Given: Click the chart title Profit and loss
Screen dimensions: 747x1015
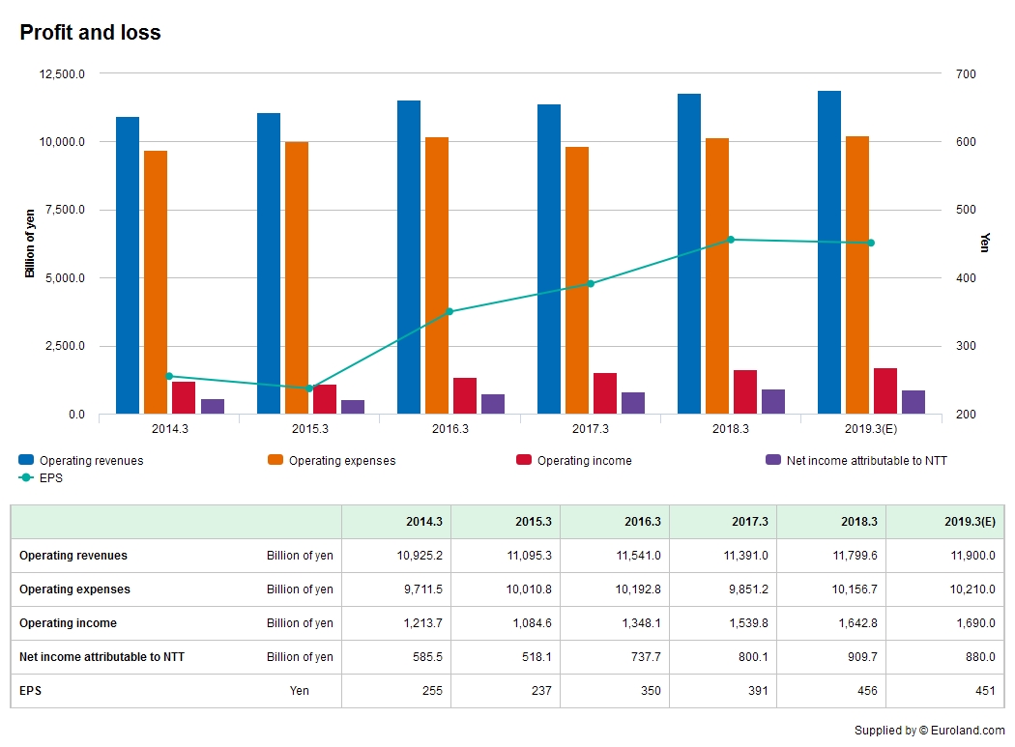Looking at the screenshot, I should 90,33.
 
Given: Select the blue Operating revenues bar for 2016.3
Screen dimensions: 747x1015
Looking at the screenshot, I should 408,257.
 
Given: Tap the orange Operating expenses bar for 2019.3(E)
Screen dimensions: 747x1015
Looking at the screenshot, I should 856,275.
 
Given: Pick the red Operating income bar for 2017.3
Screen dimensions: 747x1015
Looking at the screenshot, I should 604,393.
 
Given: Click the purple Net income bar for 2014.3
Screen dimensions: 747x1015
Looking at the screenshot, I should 213,407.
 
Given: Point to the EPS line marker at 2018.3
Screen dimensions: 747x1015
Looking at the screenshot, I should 731,240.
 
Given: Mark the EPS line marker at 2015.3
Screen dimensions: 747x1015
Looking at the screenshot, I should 309,388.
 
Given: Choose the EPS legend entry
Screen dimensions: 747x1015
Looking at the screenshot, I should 51,477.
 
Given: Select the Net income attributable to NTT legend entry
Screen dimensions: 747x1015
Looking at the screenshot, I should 866,461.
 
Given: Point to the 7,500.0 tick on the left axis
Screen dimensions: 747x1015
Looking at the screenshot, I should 61,210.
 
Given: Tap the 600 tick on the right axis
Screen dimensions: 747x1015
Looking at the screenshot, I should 966,142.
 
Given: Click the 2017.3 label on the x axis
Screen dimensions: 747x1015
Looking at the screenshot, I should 590,429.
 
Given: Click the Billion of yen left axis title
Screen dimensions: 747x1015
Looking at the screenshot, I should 30,244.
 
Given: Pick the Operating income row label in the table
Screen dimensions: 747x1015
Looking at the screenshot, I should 68,623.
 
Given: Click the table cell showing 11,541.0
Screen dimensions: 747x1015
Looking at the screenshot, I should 640,556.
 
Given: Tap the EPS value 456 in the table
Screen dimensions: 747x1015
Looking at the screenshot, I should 865,691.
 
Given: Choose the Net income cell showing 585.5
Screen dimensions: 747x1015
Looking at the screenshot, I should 425,657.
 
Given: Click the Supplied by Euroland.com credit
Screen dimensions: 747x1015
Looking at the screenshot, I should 929,731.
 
